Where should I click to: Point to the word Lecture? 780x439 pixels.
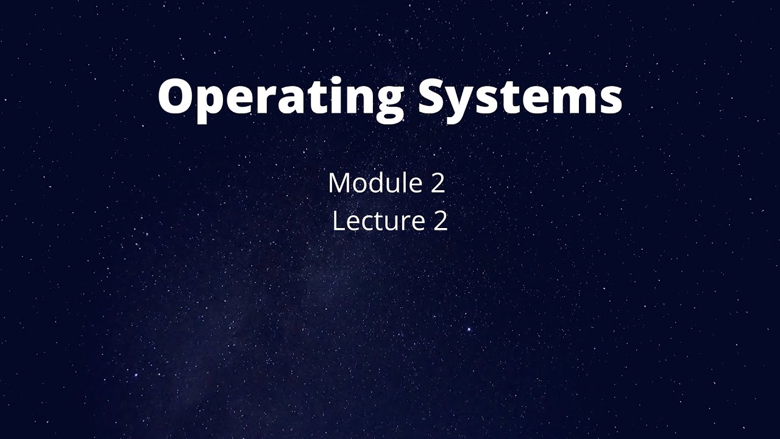tap(378, 221)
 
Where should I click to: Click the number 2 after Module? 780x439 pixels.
tap(438, 184)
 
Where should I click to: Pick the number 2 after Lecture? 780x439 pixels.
tap(441, 221)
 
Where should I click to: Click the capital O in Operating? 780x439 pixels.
tap(178, 96)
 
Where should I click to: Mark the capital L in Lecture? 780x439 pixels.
tap(339, 221)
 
